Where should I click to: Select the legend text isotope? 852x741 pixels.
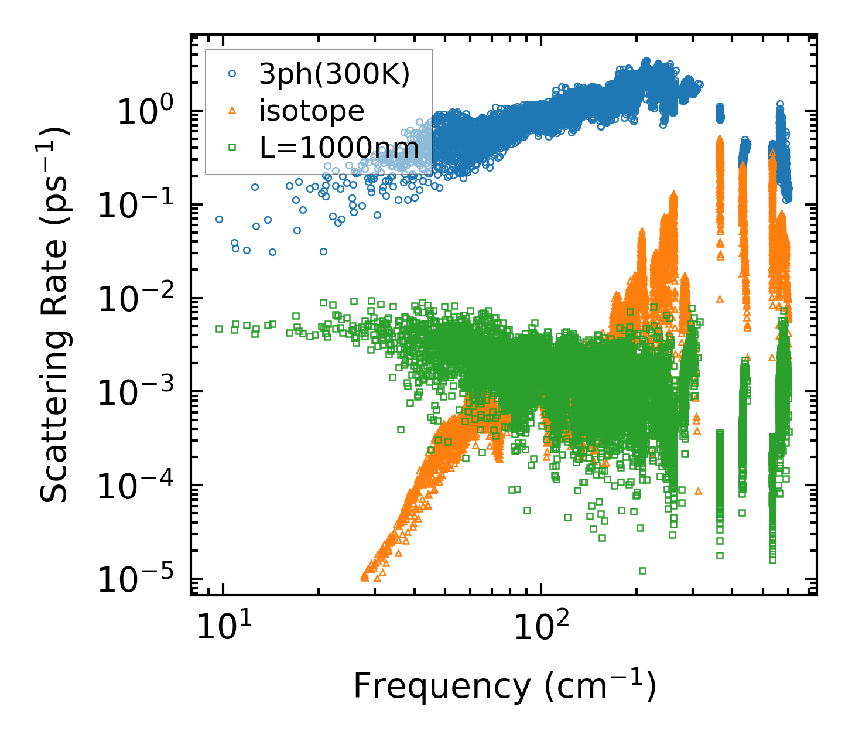[x=312, y=111]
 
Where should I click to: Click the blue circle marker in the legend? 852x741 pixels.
[x=232, y=74]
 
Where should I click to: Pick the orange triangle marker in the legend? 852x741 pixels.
[x=232, y=111]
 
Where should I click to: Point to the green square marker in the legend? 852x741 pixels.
[x=232, y=148]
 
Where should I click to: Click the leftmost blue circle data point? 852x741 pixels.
[x=219, y=219]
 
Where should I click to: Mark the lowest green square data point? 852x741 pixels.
[x=642, y=571]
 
